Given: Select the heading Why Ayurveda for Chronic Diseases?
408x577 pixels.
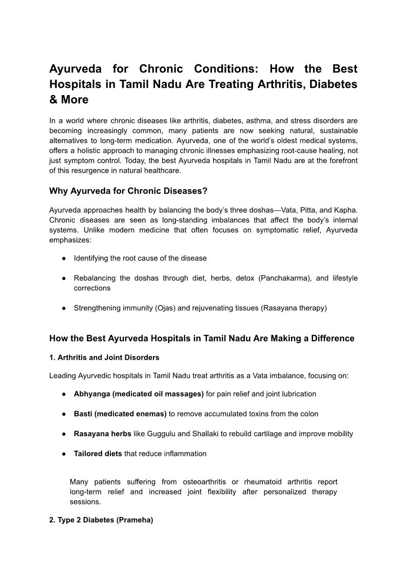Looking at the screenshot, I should [x=128, y=191].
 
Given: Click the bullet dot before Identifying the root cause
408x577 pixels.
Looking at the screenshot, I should [x=62, y=258].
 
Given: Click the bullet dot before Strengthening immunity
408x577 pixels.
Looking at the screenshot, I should [x=62, y=308].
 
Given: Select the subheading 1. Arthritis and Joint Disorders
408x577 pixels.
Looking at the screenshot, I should [x=104, y=358].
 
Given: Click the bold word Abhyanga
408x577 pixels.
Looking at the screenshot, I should [x=92, y=394].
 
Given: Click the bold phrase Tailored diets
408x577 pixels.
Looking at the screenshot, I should [x=98, y=454].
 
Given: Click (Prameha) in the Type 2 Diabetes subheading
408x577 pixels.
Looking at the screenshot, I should [x=135, y=520].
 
